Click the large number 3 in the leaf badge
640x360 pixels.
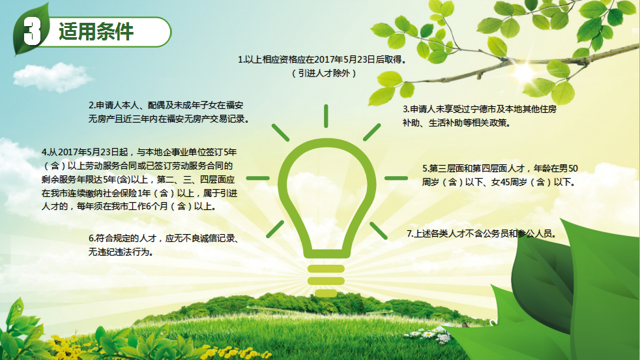click(x=32, y=31)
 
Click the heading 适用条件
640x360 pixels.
click(x=96, y=31)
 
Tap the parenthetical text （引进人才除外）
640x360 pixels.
click(x=325, y=73)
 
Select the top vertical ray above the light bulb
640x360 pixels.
click(x=326, y=116)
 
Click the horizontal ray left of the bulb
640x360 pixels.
click(x=258, y=178)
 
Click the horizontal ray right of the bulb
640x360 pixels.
click(x=396, y=178)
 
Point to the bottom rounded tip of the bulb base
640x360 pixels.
click(x=326, y=293)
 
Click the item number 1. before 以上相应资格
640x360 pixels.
click(x=241, y=59)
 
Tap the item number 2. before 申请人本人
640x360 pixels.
click(x=93, y=106)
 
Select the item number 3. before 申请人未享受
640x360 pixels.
click(x=406, y=110)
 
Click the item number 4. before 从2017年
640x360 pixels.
click(x=45, y=153)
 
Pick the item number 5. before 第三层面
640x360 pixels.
click(x=426, y=168)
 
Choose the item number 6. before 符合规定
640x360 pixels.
click(x=92, y=238)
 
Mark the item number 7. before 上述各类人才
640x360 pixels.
click(x=410, y=233)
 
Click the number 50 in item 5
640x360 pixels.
click(x=573, y=168)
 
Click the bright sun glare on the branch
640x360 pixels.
click(x=524, y=72)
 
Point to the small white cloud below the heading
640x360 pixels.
click(x=52, y=77)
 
